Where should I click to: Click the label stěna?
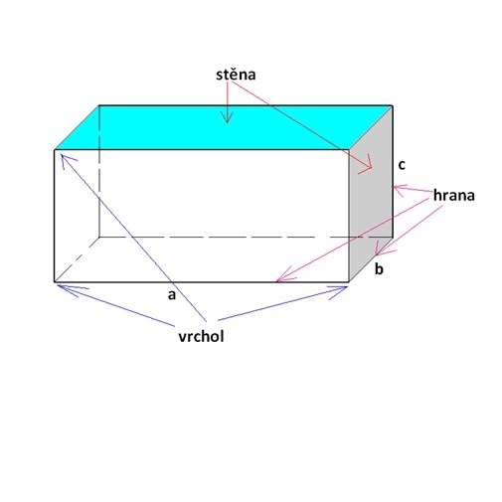pyautogui.click(x=236, y=75)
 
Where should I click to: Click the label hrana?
pyautogui.click(x=454, y=195)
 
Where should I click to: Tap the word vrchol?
pyautogui.click(x=201, y=336)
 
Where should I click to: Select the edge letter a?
pyautogui.click(x=171, y=294)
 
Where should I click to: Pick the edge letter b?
pyautogui.click(x=379, y=268)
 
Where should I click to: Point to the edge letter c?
pyautogui.click(x=402, y=165)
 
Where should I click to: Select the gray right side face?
pyautogui.click(x=371, y=194)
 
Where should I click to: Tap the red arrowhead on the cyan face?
pyautogui.click(x=227, y=117)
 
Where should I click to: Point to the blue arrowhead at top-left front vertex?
pyautogui.click(x=67, y=160)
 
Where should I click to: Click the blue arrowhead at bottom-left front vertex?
pyautogui.click(x=70, y=289)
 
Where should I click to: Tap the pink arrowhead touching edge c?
pyautogui.click(x=399, y=190)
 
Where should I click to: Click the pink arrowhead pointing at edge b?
pyautogui.click(x=382, y=250)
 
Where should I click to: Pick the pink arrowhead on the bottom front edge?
pyautogui.click(x=285, y=276)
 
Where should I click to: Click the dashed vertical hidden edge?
pyautogui.click(x=99, y=171)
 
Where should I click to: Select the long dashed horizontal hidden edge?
pyautogui.click(x=246, y=238)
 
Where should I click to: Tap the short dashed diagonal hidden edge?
pyautogui.click(x=77, y=259)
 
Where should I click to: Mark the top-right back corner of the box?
pyautogui.click(x=393, y=106)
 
